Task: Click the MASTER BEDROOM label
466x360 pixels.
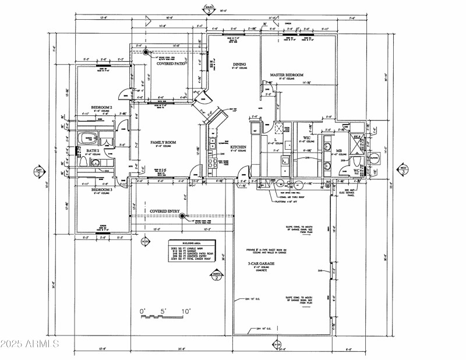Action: point(286,75)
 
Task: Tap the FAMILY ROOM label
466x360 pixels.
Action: point(163,142)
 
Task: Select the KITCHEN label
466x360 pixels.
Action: point(238,147)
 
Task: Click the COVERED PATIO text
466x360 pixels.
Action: point(171,63)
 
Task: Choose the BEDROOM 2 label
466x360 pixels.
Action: point(101,108)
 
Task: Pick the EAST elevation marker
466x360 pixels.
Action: point(38,172)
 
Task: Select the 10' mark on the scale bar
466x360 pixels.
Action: point(185,312)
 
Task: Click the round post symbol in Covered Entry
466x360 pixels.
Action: point(182,217)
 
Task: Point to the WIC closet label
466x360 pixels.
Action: point(306,138)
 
